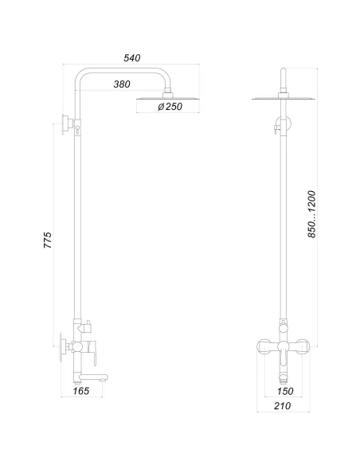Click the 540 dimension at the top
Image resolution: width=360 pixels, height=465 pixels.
132,58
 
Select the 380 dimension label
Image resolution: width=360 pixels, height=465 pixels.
122,84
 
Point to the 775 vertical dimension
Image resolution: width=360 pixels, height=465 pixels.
47,240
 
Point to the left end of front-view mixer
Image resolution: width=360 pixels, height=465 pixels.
260,346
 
